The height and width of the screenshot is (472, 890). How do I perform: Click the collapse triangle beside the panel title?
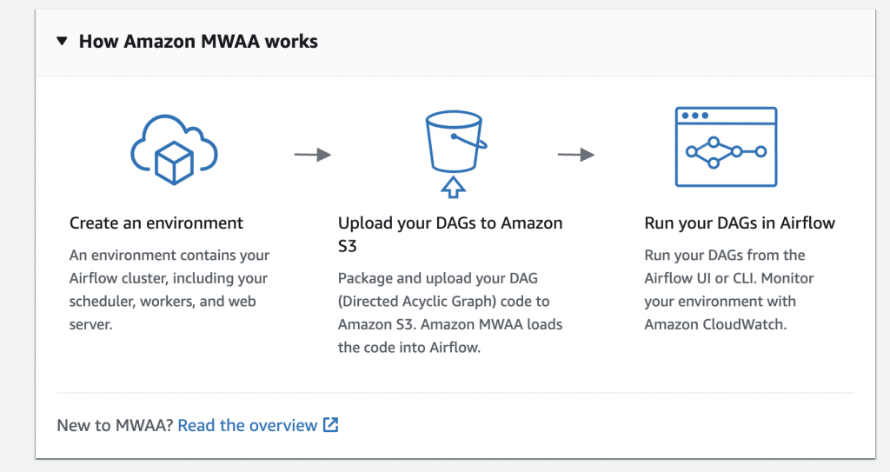click(62, 41)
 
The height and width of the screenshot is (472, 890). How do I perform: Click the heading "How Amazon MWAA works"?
click(198, 41)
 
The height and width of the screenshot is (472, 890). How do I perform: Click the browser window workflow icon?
click(726, 146)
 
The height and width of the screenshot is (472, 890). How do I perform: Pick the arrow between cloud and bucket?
click(312, 155)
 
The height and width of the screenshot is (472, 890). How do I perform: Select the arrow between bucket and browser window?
click(575, 155)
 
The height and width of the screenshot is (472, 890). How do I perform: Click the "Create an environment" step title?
click(156, 223)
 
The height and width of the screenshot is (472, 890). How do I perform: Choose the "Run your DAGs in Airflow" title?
click(740, 223)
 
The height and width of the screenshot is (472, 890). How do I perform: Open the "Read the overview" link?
click(248, 425)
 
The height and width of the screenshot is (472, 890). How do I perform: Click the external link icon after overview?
click(330, 425)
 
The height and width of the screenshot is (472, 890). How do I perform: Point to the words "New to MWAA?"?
click(115, 425)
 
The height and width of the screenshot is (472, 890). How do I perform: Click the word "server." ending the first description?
click(91, 324)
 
